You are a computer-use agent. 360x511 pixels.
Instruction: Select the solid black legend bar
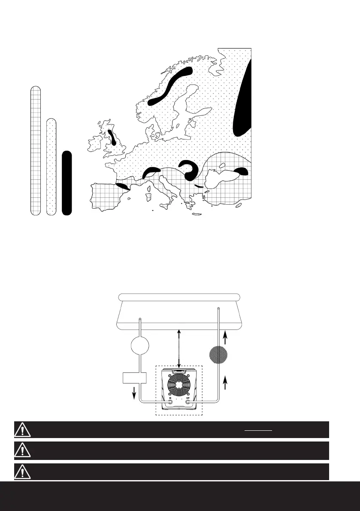coord(67,182)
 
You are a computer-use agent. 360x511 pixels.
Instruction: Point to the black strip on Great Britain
coord(112,137)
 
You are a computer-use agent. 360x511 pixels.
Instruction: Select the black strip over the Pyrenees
coord(122,186)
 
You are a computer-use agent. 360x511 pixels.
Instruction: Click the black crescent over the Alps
coord(151,172)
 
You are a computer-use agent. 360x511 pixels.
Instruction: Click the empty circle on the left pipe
coord(140,346)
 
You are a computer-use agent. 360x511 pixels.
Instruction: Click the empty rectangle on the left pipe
coord(135,378)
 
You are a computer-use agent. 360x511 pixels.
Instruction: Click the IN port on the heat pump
coord(170,402)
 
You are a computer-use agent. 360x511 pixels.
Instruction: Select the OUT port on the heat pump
coord(188,402)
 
